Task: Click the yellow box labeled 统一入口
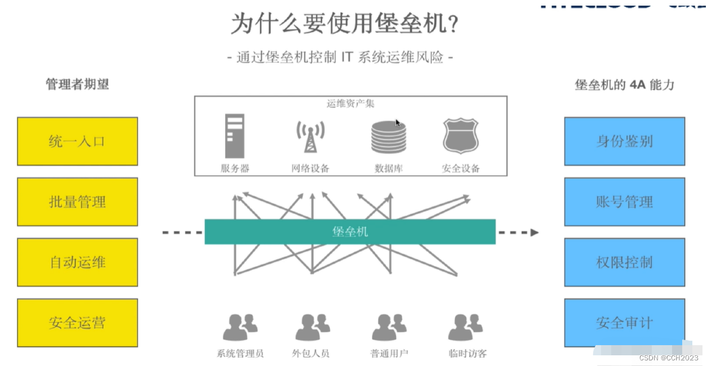click(77, 141)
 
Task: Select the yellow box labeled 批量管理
click(77, 202)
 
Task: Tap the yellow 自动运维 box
click(77, 262)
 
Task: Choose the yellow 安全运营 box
click(77, 323)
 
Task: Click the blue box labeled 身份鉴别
click(624, 141)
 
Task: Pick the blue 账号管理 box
click(624, 202)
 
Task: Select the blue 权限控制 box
click(624, 262)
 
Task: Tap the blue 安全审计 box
click(624, 323)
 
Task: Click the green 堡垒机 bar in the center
click(350, 231)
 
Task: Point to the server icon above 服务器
click(234, 136)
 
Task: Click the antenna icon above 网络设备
click(310, 136)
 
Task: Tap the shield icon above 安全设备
click(460, 136)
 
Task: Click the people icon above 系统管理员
click(240, 327)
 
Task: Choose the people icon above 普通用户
click(389, 327)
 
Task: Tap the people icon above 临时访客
click(465, 327)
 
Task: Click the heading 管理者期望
click(77, 84)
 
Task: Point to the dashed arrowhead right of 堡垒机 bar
click(534, 232)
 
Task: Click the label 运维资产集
click(350, 104)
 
